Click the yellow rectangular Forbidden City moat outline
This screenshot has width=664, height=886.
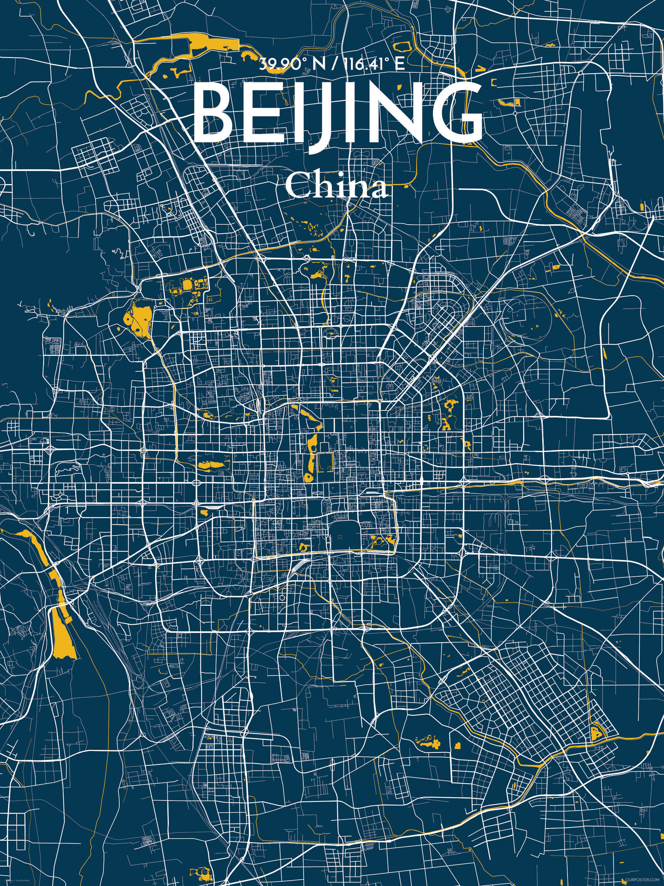point(325,463)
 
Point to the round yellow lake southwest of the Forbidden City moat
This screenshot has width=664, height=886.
point(308,477)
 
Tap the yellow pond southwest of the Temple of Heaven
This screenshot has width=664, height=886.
point(303,545)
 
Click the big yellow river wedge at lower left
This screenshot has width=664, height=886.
point(62,637)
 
